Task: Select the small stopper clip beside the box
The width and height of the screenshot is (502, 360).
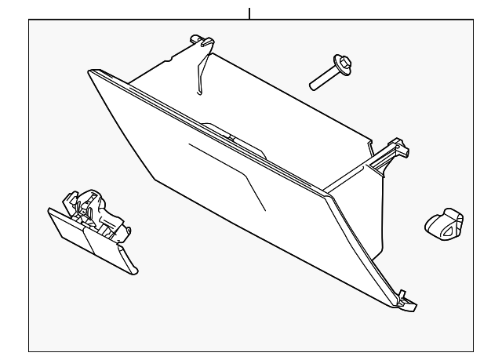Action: tap(444, 223)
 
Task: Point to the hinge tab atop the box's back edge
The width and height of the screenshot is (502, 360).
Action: tap(202, 40)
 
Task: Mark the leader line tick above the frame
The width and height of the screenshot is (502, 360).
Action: tap(249, 13)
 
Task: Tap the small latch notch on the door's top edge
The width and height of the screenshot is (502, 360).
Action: tap(232, 138)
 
